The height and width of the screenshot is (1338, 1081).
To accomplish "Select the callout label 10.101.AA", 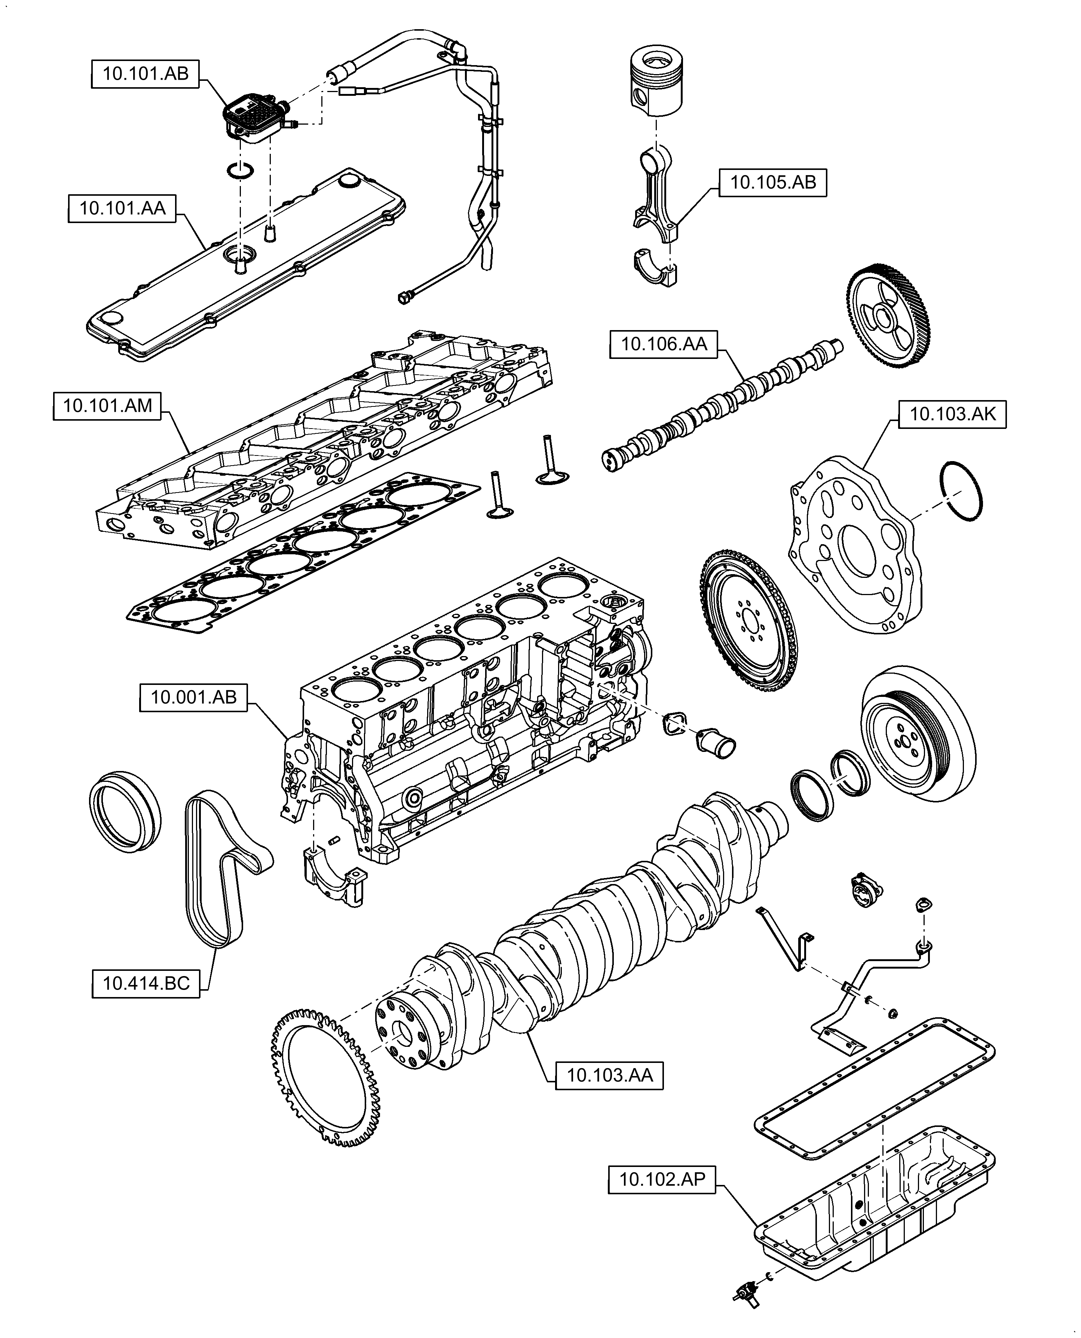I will pyautogui.click(x=122, y=208).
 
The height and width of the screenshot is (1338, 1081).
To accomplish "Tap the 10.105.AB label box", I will pyautogui.click(x=773, y=183).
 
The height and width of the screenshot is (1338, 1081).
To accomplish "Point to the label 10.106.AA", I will pyautogui.click(x=664, y=344).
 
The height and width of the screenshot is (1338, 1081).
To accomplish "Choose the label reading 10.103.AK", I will pyautogui.click(x=952, y=414).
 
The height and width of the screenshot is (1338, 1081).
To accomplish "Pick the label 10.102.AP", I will pyautogui.click(x=662, y=1180).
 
